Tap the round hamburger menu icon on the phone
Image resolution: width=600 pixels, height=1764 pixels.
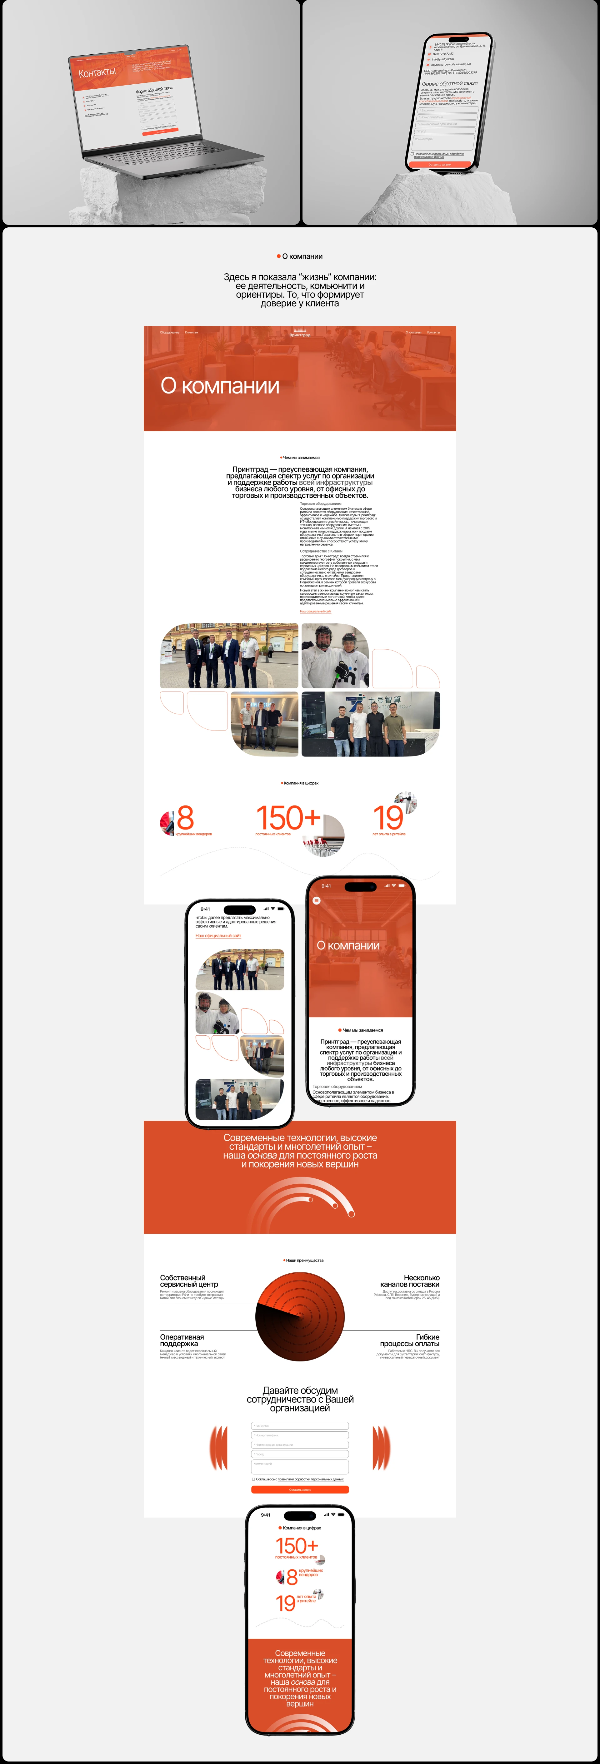click(x=316, y=900)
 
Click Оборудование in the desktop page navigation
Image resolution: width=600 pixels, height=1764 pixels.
click(x=169, y=332)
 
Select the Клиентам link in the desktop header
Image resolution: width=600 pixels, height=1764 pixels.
click(x=192, y=332)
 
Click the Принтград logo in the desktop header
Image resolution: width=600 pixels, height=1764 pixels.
click(x=300, y=334)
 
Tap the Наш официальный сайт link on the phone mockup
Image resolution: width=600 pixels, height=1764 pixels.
click(x=218, y=935)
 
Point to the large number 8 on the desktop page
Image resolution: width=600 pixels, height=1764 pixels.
click(x=185, y=818)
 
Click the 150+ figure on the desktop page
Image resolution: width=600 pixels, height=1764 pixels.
click(x=288, y=818)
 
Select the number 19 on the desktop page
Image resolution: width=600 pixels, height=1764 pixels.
click(x=388, y=818)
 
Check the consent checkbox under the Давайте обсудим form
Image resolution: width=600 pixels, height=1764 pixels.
click(x=253, y=1479)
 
